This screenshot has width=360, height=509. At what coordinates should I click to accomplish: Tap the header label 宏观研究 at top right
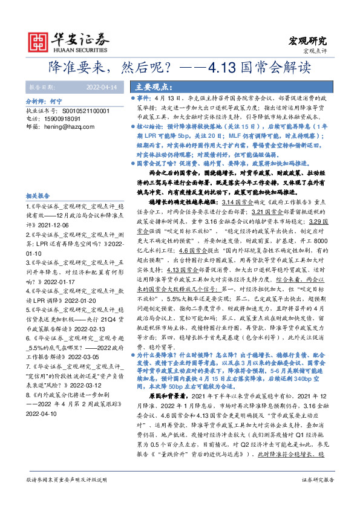point(310,41)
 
